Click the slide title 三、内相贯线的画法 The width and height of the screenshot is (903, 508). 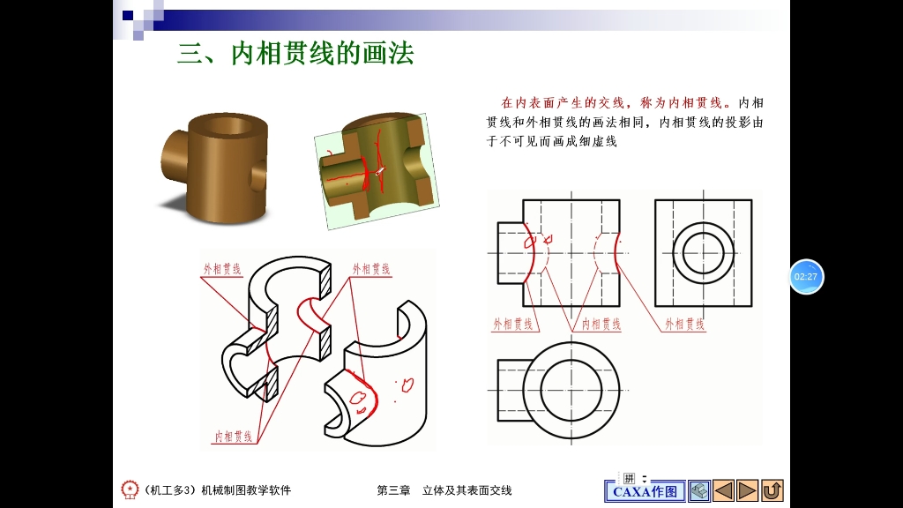(x=295, y=55)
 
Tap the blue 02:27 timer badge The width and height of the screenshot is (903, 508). (x=806, y=277)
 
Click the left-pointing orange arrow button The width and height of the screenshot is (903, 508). (x=723, y=490)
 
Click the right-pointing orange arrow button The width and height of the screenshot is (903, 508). (x=748, y=490)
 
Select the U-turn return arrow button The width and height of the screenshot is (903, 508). (x=772, y=490)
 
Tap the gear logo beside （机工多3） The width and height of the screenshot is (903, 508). (x=130, y=489)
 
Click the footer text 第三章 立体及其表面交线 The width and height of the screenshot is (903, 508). (x=444, y=490)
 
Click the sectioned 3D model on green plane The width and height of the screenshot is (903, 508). (x=377, y=169)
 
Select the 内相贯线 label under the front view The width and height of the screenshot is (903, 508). (x=601, y=325)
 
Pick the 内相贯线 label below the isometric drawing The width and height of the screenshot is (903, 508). (x=234, y=436)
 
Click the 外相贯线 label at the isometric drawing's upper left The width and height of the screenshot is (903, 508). (x=222, y=269)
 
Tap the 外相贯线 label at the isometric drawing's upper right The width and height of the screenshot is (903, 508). (x=371, y=269)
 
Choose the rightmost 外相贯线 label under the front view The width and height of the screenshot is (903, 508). (x=685, y=325)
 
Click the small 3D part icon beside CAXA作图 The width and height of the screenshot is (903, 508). (x=698, y=490)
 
